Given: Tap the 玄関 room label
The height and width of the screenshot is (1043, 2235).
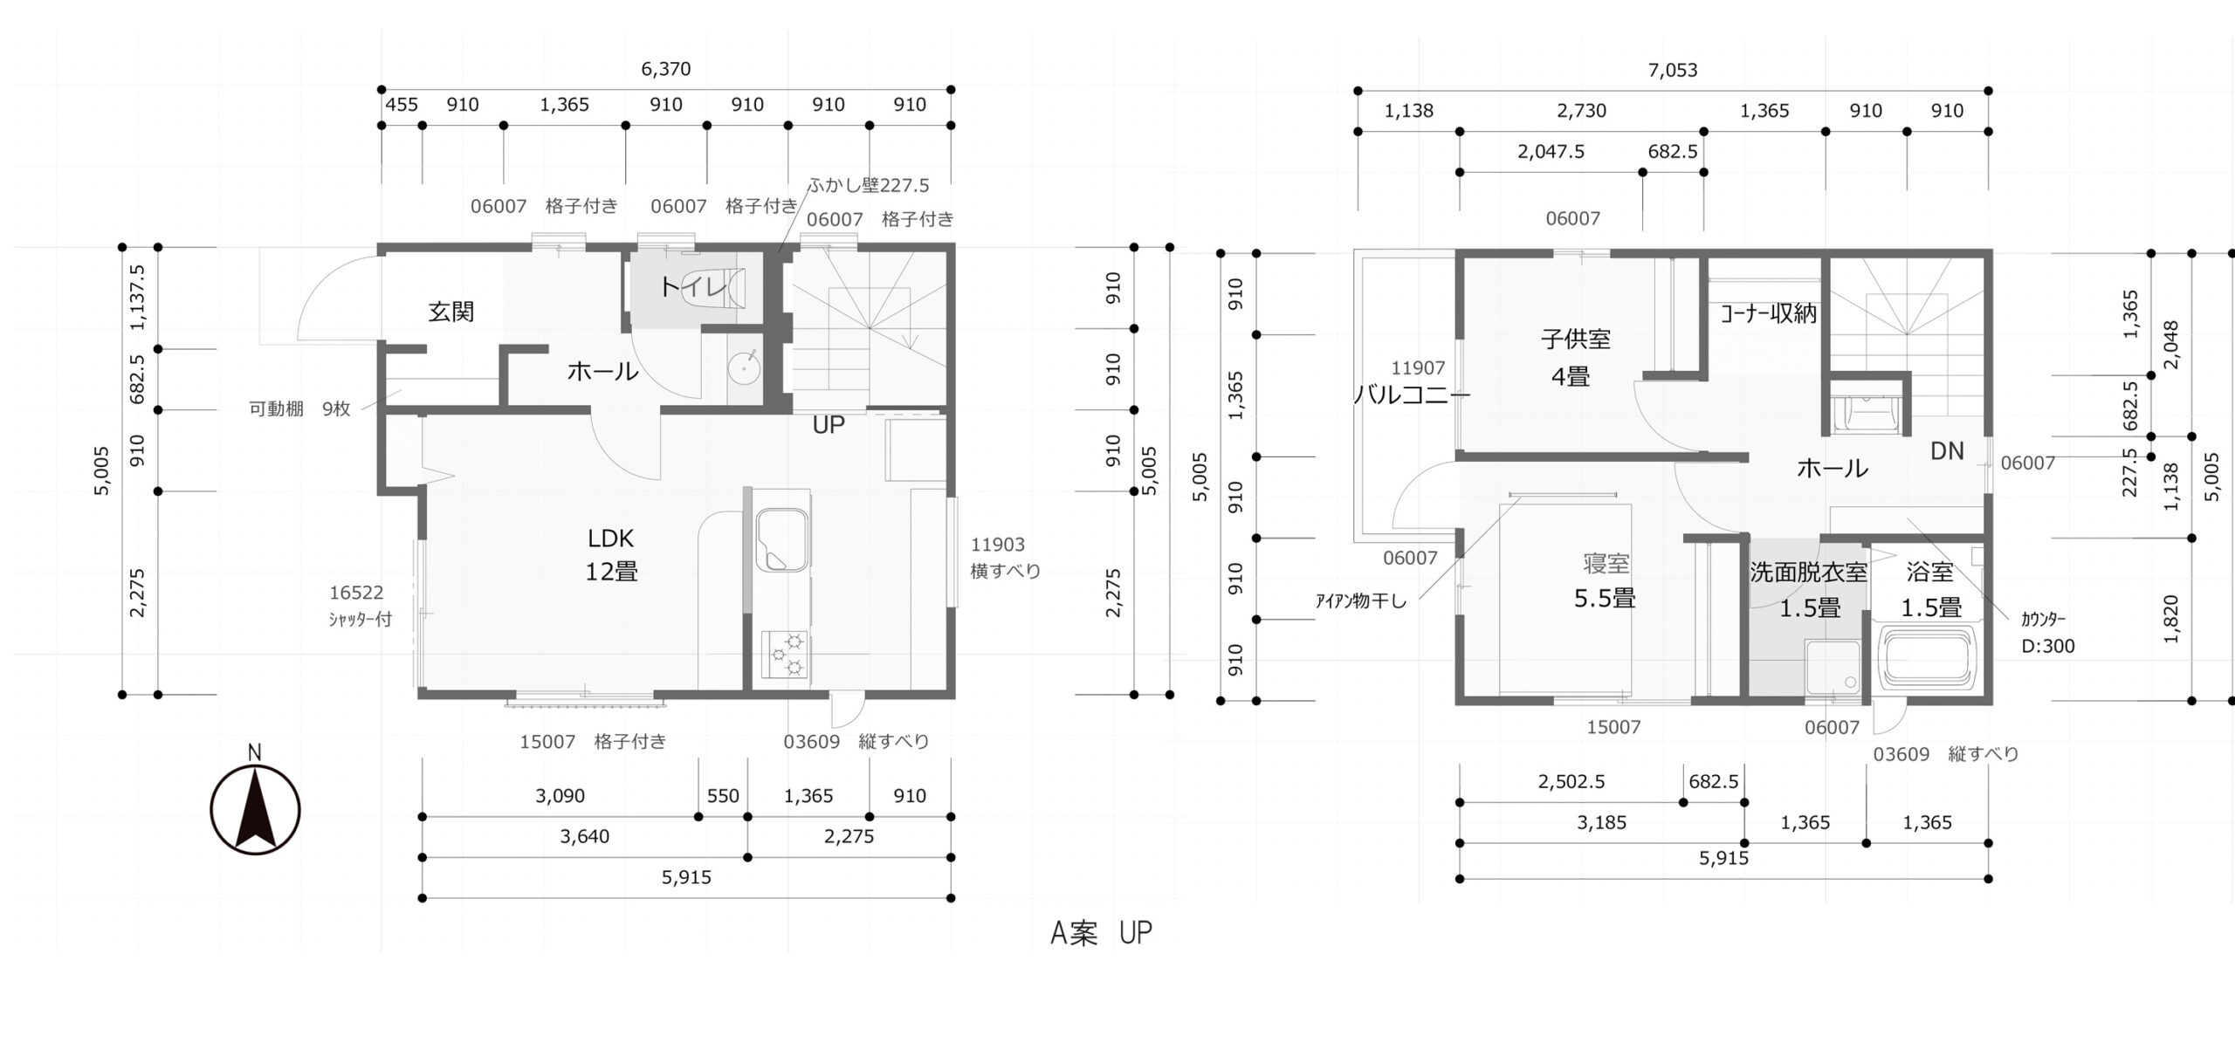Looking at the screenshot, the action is click(451, 312).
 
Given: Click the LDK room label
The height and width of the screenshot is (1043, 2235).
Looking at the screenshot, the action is click(611, 538).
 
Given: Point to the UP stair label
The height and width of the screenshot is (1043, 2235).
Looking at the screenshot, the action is click(829, 425).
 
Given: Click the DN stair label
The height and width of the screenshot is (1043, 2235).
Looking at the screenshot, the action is click(1947, 451).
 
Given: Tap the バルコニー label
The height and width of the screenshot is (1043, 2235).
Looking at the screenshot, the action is click(1412, 395).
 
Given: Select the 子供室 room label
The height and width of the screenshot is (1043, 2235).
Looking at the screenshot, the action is click(1576, 339).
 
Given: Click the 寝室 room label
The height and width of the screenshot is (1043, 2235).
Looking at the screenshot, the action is click(1606, 564).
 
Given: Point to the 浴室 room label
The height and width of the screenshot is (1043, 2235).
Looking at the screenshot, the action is click(1930, 573).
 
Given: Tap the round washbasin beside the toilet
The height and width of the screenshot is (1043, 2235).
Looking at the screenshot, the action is click(745, 367).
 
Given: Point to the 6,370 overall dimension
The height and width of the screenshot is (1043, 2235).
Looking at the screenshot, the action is click(666, 69).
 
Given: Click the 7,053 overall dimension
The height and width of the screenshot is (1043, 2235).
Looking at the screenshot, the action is click(1673, 71).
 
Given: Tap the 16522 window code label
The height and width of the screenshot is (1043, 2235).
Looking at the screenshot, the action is click(356, 593).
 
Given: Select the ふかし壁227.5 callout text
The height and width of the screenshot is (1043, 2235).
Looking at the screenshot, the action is click(869, 185).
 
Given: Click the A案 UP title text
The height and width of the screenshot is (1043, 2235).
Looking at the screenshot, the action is click(1101, 933).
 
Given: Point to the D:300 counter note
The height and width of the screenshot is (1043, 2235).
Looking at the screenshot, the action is click(2048, 647).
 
